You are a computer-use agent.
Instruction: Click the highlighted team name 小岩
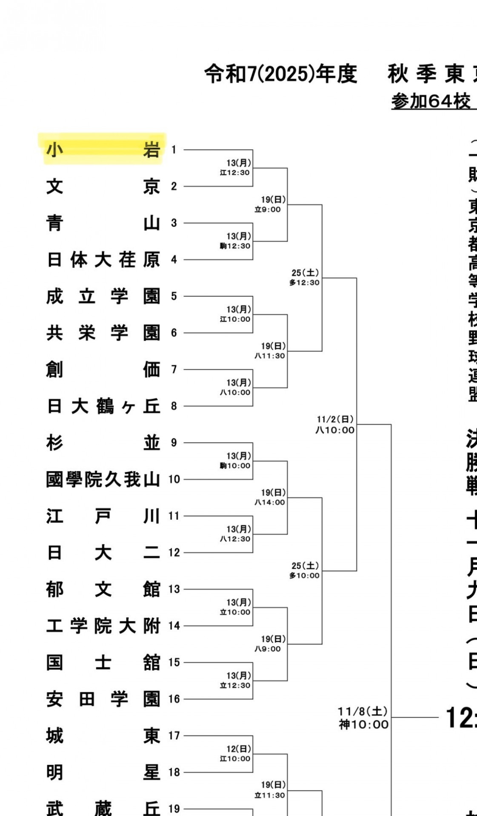coord(103,150)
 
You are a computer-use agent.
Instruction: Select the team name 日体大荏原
coord(103,260)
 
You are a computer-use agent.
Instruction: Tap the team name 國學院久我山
coord(103,479)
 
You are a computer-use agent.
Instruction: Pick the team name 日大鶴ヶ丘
coord(103,406)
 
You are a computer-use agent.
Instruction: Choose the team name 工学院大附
coord(103,626)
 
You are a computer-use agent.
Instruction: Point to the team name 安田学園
coord(103,699)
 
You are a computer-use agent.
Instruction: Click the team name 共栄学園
coord(103,333)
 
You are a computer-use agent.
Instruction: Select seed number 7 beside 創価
coord(174,370)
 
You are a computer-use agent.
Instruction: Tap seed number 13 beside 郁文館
coord(174,589)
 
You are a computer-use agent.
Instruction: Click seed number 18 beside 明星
coord(174,773)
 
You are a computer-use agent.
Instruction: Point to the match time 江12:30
coord(235,173)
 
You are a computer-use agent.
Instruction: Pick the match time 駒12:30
coord(235,246)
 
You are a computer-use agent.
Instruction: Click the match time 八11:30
coord(270,356)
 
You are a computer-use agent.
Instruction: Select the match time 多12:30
coord(304,283)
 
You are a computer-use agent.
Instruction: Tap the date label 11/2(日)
coord(335,419)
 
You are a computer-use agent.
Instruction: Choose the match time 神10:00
coord(364,725)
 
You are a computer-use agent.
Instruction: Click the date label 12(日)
coord(238,749)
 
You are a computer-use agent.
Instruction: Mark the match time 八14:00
coord(270,502)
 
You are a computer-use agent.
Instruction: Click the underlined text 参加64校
coord(431,102)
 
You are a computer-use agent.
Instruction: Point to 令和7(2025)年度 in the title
coord(281,74)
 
